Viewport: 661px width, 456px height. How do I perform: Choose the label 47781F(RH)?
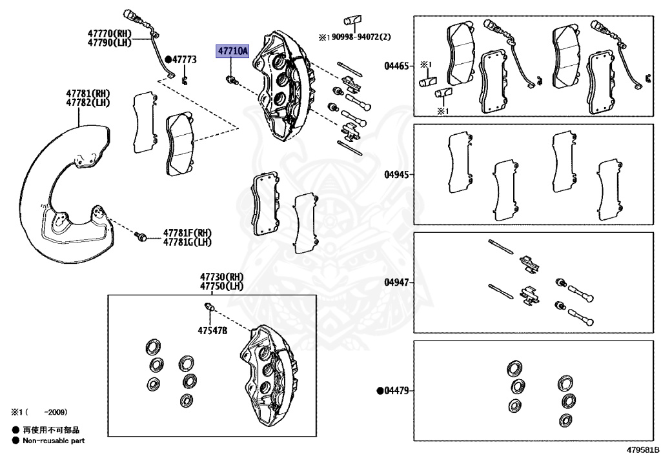coord(187,233)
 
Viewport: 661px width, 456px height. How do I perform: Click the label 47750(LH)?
coord(221,286)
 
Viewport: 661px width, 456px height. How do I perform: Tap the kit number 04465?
coord(396,66)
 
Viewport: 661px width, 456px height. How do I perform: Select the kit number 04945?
coord(396,174)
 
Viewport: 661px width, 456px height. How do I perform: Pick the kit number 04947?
coord(396,283)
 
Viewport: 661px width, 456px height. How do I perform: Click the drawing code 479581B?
coord(641,448)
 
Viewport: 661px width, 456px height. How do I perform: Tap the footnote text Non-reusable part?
coord(54,441)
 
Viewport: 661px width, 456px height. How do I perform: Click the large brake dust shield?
coord(58,193)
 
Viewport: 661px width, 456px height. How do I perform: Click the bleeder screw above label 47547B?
coord(208,305)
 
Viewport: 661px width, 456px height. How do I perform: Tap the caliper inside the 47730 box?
coord(271,368)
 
